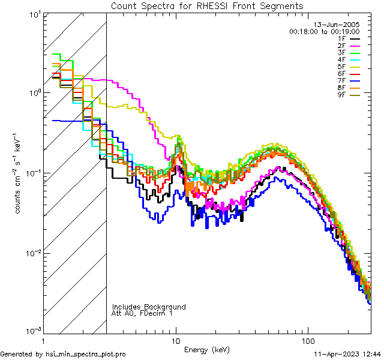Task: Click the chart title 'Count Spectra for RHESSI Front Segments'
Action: click(207, 6)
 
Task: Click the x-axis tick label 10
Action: click(176, 339)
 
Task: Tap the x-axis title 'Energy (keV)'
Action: click(206, 349)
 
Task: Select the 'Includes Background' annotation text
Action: click(149, 307)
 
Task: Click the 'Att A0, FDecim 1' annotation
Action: click(142, 313)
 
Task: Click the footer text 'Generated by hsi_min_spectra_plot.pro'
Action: click(63, 354)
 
